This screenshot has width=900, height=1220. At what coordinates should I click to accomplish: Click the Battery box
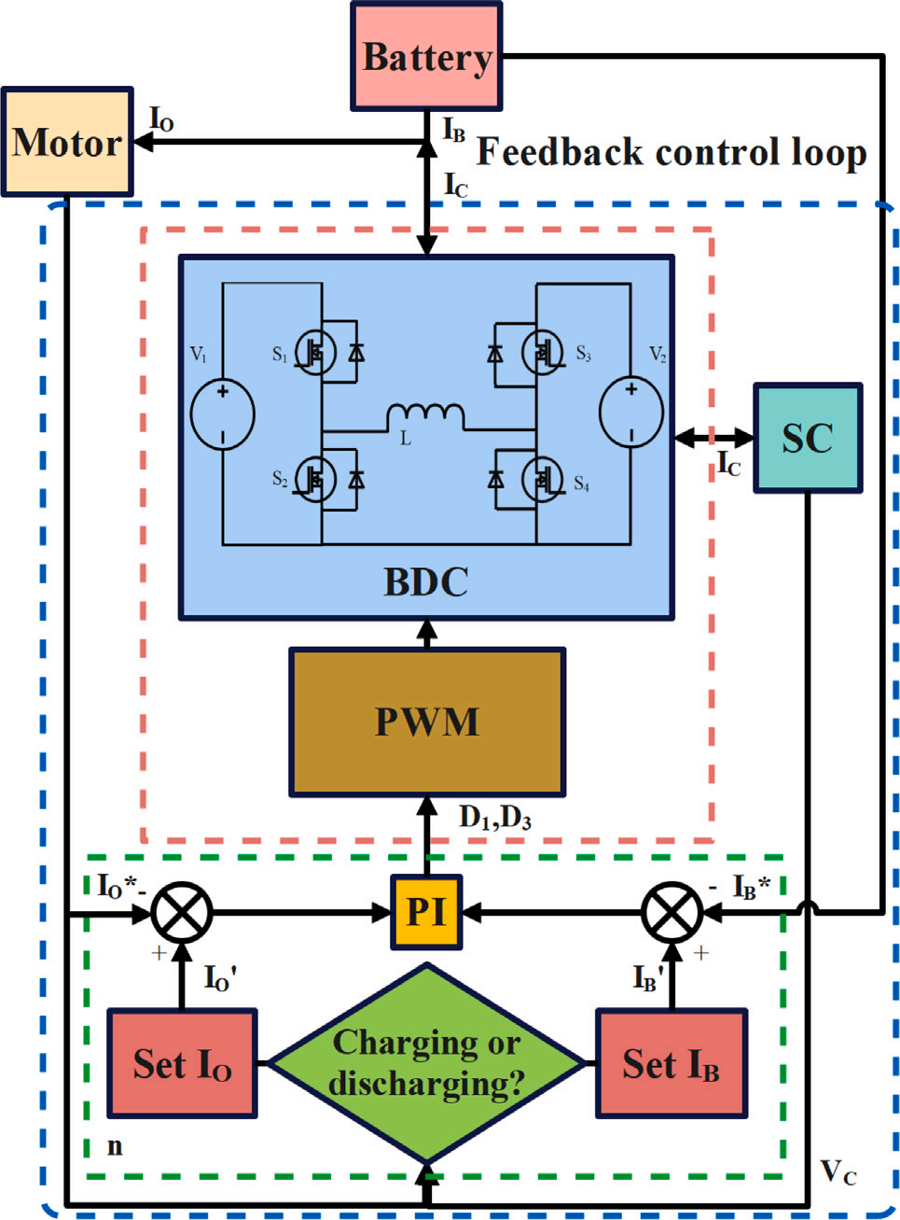coord(426,57)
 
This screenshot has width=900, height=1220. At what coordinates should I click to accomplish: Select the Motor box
coord(67,142)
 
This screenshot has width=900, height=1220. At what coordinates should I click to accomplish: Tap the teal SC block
coord(807,438)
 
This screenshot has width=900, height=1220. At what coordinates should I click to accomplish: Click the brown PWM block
coord(427,722)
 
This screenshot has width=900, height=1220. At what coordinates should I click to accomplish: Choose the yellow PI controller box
coord(426,912)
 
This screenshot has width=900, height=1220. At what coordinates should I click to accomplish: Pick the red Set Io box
coord(182,1062)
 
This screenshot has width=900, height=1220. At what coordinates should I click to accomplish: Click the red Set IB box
coord(672,1062)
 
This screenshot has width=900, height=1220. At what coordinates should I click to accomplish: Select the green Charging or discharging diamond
coord(426,1062)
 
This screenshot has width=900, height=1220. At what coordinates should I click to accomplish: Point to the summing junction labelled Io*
coord(182,912)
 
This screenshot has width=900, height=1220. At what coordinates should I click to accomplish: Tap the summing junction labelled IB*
coord(672,912)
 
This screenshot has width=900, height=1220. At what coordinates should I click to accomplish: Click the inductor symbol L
coord(425,415)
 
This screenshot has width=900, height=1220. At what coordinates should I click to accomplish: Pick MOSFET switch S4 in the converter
coord(541,480)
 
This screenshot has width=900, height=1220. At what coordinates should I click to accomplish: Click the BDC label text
coord(426,582)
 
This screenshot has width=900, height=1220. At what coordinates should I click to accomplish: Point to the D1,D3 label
coord(495,818)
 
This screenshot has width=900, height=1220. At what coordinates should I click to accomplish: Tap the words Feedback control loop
coord(672,152)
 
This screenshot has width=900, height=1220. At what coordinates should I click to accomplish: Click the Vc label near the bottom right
coord(838,1171)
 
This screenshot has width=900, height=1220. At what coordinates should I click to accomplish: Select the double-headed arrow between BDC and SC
coord(713,437)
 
